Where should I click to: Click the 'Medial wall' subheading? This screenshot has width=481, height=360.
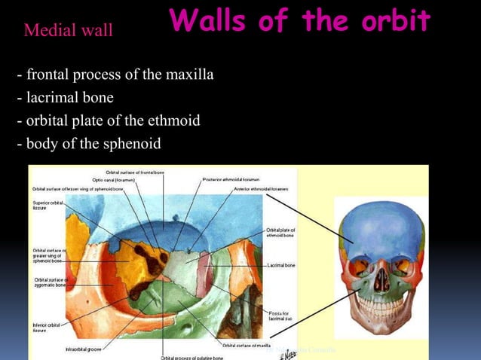69,31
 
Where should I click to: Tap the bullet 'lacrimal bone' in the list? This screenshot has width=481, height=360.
65,98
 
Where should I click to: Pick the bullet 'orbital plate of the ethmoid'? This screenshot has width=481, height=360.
108,121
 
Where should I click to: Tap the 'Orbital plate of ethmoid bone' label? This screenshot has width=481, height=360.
280,233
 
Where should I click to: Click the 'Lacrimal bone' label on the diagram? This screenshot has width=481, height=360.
280,266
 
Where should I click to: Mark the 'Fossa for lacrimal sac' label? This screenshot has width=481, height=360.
280,316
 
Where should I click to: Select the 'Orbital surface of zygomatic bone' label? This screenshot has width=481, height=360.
51,283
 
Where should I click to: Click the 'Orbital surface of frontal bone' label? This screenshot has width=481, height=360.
134,172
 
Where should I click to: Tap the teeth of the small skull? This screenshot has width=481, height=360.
380,305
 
